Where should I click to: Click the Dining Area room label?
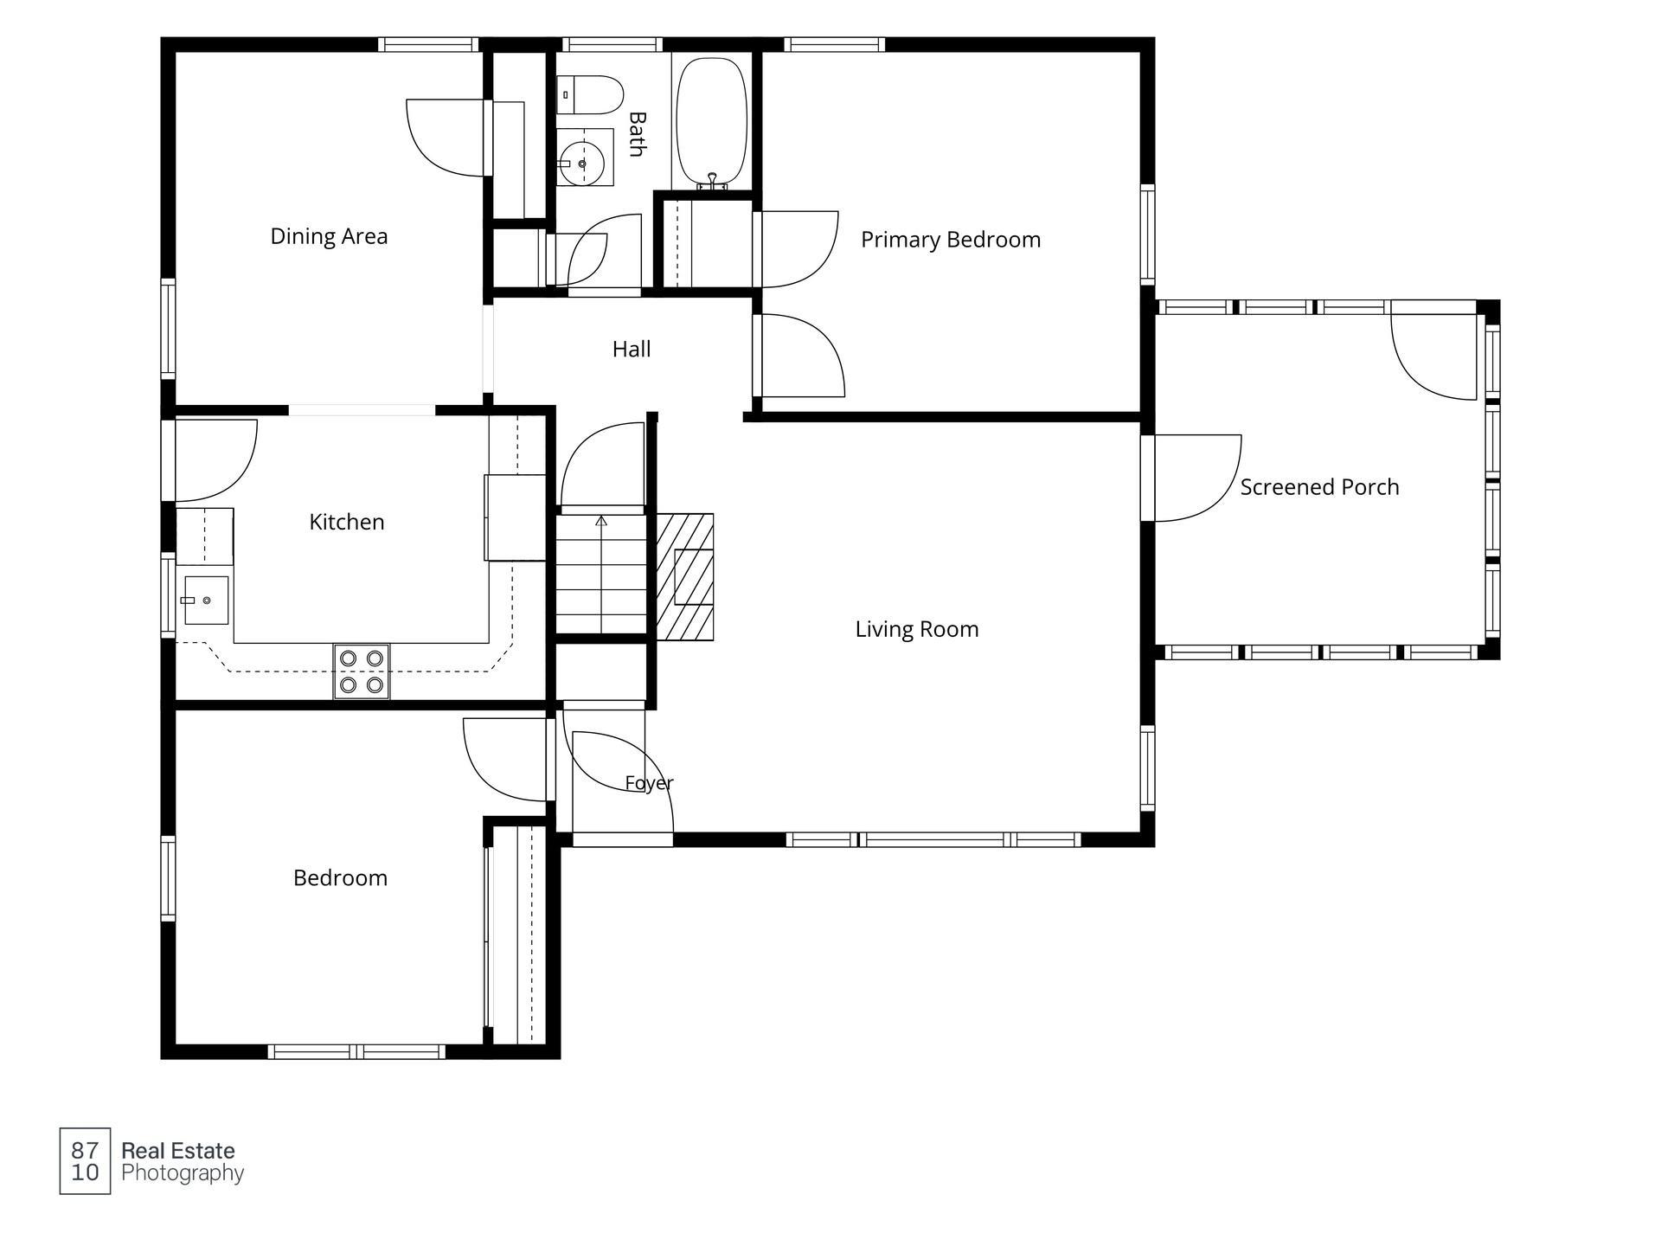(329, 236)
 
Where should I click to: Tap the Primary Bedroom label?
(951, 240)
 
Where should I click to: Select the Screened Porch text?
(1319, 487)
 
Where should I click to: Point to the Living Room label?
(917, 630)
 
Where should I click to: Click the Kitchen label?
(346, 522)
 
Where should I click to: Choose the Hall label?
(632, 350)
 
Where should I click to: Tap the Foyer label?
(649, 783)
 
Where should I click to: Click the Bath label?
(637, 134)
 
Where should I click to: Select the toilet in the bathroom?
(590, 95)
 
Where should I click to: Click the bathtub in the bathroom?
(711, 123)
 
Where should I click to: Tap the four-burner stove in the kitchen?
(362, 671)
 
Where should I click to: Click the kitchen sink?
(206, 601)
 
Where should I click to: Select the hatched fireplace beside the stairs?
(685, 577)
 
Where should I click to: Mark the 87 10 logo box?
(85, 1161)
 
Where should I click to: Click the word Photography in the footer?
(183, 1173)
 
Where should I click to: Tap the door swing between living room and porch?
(1197, 478)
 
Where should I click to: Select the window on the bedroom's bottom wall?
(356, 1052)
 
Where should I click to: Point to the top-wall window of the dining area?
(428, 44)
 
